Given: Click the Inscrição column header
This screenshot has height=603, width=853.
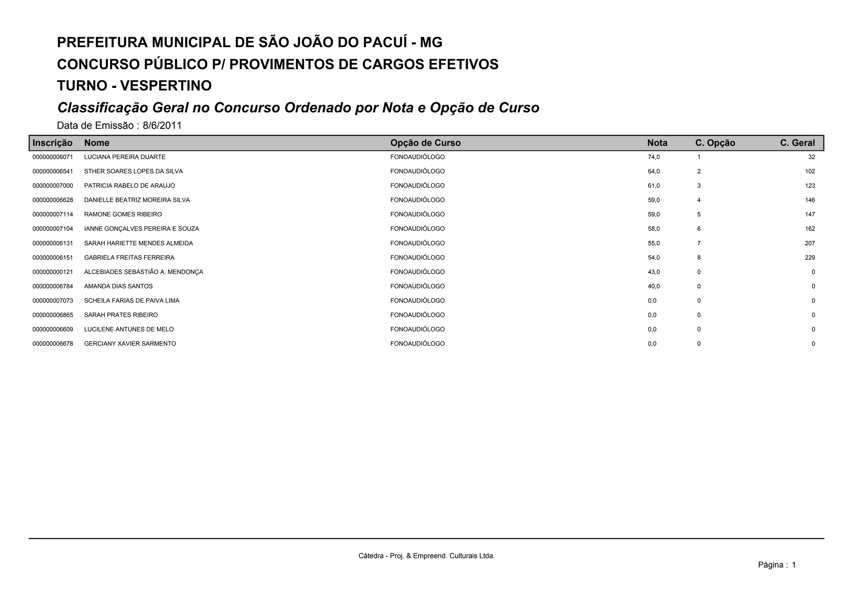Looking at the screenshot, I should pos(52,143).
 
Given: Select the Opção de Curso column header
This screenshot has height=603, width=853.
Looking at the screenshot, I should pos(425,143).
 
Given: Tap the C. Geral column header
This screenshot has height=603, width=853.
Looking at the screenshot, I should pos(797,143).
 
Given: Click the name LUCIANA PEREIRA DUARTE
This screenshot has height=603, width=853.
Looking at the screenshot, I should pos(125,157).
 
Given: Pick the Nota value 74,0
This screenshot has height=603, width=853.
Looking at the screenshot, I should pos(653,157).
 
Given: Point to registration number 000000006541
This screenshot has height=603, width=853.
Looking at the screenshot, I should pos(53,171).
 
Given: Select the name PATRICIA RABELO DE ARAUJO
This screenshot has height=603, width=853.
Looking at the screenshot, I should pos(130,186).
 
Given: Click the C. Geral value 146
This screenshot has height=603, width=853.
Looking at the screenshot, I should pos(810,200).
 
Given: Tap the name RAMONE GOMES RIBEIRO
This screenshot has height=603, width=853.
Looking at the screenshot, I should pos(123,215).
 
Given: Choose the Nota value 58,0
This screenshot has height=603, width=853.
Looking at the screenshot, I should pos(653,229).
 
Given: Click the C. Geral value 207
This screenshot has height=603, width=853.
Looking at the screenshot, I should pos(810,243).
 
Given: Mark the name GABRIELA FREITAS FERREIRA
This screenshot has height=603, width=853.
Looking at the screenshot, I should pos(129,258).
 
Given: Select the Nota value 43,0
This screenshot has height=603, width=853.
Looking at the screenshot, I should pos(653,272).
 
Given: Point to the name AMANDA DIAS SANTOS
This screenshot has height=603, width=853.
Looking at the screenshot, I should pos(118,286).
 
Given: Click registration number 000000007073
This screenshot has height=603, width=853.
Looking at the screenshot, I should pos(53,301).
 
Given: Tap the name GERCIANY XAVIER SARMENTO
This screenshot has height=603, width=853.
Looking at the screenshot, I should pos(130,344).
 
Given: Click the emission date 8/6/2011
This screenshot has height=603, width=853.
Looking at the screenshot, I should pos(162,125).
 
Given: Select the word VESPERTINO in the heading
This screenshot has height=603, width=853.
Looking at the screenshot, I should pos(166,86).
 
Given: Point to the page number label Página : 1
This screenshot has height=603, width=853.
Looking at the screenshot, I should pos(777,565).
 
